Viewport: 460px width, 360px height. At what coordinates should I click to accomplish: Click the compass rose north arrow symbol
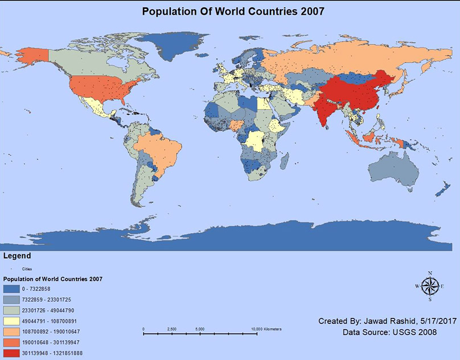(x=430, y=285)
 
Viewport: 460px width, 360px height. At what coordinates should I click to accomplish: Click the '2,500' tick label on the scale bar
(x=172, y=329)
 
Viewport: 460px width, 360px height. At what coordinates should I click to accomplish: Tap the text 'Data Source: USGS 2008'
(x=390, y=332)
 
